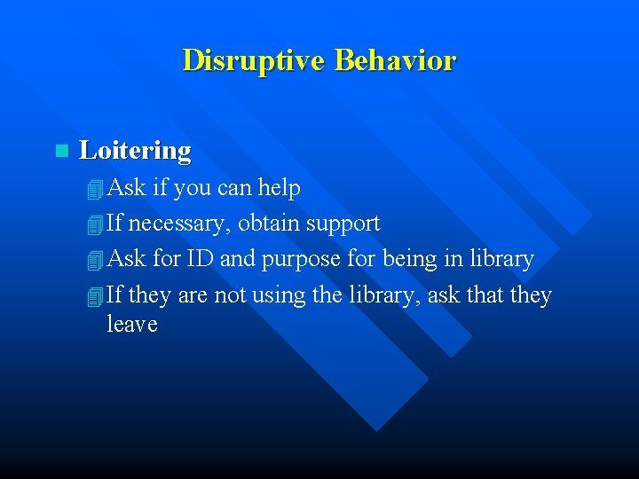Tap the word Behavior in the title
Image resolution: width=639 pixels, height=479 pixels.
point(395,60)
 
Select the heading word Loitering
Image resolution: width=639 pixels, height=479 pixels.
point(135,151)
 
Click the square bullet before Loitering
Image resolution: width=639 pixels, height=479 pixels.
point(60,152)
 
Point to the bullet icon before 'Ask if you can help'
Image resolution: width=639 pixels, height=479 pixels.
point(95,189)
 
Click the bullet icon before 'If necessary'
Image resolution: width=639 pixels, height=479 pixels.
point(95,224)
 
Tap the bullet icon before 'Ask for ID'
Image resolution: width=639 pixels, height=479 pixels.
point(95,261)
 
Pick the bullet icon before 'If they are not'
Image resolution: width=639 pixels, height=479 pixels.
point(95,296)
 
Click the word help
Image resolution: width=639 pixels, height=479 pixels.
point(279,188)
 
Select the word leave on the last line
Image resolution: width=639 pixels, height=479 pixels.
point(131,324)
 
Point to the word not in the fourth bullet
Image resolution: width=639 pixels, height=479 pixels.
point(229,294)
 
